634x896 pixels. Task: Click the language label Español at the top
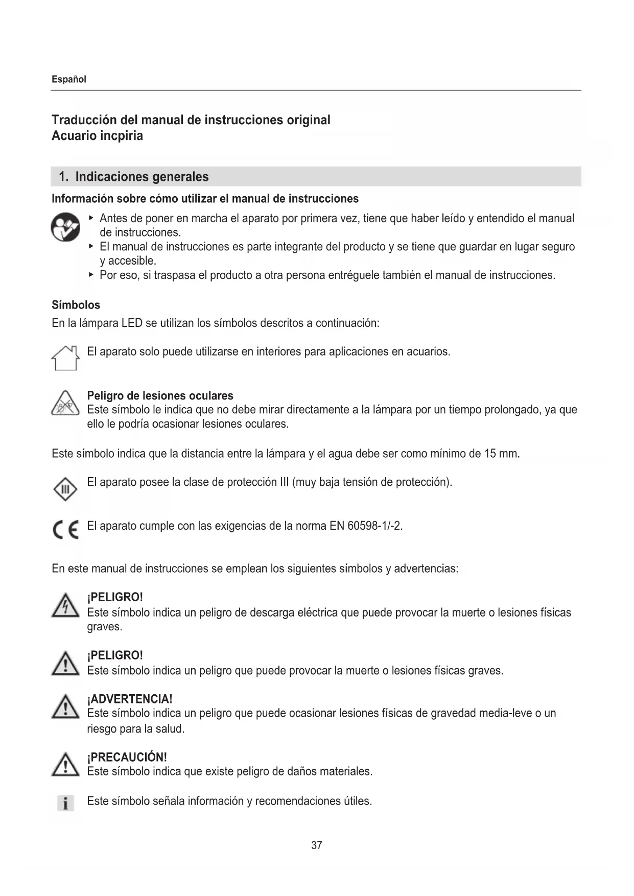tap(69, 79)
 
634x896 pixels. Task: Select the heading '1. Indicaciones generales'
tap(133, 177)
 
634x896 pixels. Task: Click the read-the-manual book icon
tap(65, 227)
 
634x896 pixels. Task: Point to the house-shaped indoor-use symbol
tap(65, 358)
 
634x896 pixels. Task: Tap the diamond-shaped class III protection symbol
tap(65, 490)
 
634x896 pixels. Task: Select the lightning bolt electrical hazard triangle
tap(65, 606)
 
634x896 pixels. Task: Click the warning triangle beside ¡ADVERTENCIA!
tap(65, 708)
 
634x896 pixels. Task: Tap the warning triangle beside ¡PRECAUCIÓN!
tap(65, 766)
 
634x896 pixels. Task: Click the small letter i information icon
tap(65, 804)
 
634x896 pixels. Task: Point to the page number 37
tap(317, 845)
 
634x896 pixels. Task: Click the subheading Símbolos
tap(76, 305)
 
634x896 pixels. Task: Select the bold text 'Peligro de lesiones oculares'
tap(160, 395)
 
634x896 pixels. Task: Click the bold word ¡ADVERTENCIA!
tap(130, 699)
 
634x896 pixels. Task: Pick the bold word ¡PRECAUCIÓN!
tap(127, 757)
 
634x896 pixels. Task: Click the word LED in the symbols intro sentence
tap(132, 323)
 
